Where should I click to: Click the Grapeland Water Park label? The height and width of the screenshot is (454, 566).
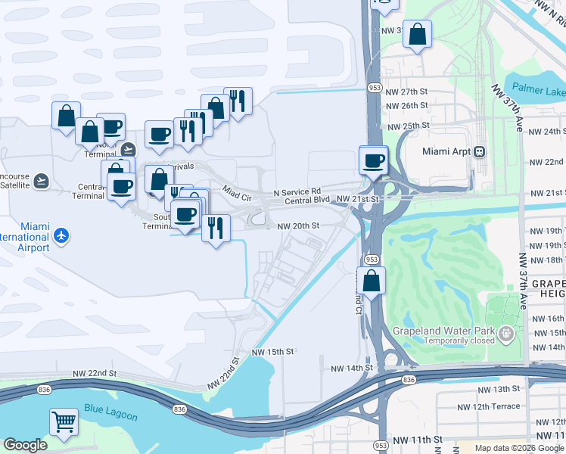pyautogui.click(x=443, y=331)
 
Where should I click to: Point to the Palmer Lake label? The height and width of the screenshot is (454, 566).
pyautogui.click(x=536, y=92)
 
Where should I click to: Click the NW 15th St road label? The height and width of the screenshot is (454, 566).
pyautogui.click(x=272, y=352)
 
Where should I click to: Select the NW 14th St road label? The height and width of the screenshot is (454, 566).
pyautogui.click(x=353, y=368)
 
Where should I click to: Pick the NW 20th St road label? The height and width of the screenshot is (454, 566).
pyautogui.click(x=298, y=225)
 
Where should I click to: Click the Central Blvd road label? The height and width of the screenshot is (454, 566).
pyautogui.click(x=308, y=201)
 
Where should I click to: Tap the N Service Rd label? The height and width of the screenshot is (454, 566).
pyautogui.click(x=297, y=191)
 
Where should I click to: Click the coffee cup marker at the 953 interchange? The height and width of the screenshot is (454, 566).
pyautogui.click(x=374, y=160)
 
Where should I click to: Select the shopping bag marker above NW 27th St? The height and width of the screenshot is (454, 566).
pyautogui.click(x=417, y=34)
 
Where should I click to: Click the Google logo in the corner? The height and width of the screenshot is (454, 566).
pyautogui.click(x=25, y=445)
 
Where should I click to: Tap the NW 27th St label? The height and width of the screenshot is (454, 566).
pyautogui.click(x=406, y=92)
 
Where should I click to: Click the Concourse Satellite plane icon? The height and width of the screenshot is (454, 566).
pyautogui.click(x=41, y=181)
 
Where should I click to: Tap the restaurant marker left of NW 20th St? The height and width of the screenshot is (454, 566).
pyautogui.click(x=216, y=229)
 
